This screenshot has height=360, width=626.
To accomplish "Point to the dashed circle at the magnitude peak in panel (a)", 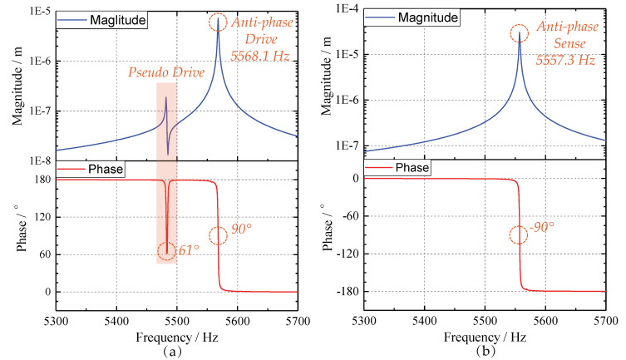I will point(218,22).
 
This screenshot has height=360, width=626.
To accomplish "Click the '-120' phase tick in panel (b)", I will point(345,254).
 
